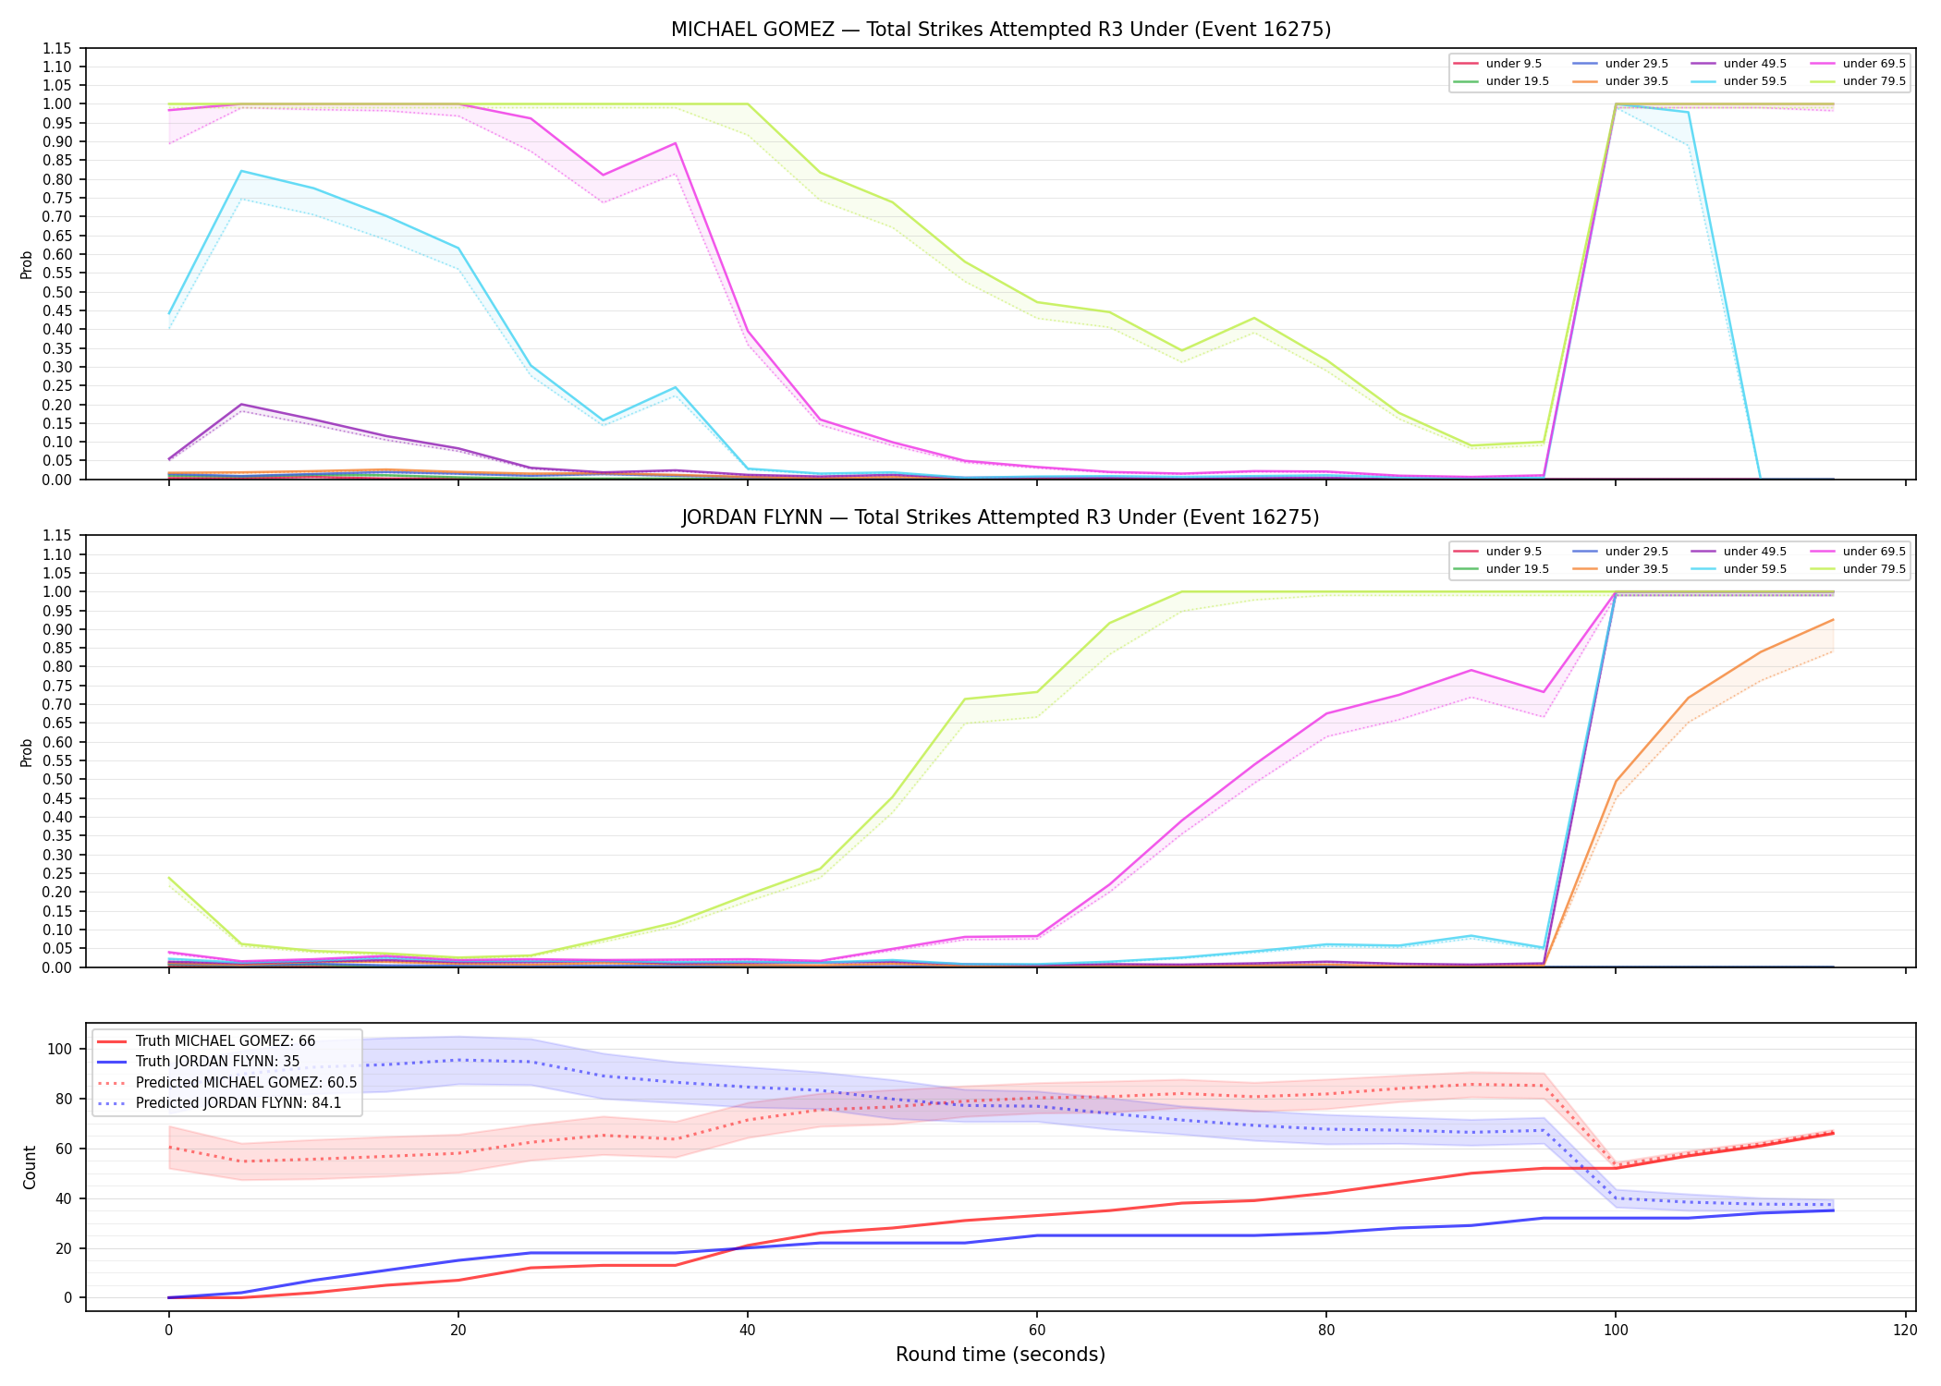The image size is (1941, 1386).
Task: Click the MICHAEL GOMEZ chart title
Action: click(x=1001, y=30)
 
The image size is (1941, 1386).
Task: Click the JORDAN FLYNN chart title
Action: click(x=1001, y=517)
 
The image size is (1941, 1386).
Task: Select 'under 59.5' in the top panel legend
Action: click(x=1754, y=81)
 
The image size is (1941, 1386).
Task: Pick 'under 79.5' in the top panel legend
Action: click(x=1874, y=81)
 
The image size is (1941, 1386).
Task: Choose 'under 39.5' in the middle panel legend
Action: click(x=1636, y=569)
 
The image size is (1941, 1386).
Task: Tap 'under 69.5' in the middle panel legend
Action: click(x=1874, y=552)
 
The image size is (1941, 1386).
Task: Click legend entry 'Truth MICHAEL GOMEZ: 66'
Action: click(x=226, y=1041)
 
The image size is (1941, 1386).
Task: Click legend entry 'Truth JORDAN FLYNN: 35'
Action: click(x=217, y=1062)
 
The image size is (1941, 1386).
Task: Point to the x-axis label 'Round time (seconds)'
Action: click(x=1001, y=1355)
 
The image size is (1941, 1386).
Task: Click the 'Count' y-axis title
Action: click(x=30, y=1167)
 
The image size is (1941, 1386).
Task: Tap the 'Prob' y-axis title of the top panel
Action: click(x=27, y=264)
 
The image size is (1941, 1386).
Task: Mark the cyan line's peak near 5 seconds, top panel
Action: click(x=241, y=171)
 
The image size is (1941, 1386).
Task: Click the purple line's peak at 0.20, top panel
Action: click(x=241, y=405)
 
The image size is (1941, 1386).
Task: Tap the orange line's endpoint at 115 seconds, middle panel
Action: click(x=1833, y=620)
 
